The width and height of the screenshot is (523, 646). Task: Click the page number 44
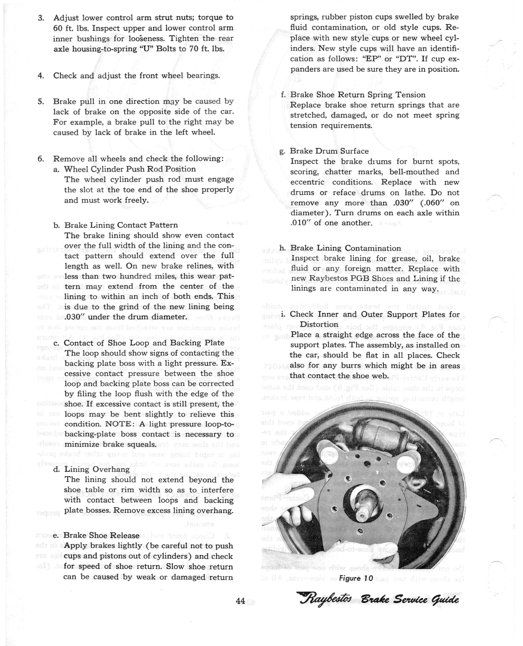click(240, 601)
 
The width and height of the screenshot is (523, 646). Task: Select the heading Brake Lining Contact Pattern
click(121, 225)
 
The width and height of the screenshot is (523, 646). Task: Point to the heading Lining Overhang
click(97, 469)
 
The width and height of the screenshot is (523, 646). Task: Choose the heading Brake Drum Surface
click(329, 151)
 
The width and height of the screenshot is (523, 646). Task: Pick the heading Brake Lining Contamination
click(346, 248)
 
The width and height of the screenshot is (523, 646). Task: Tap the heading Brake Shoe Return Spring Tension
click(358, 95)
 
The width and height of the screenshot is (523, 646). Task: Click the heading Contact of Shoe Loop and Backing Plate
click(144, 343)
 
